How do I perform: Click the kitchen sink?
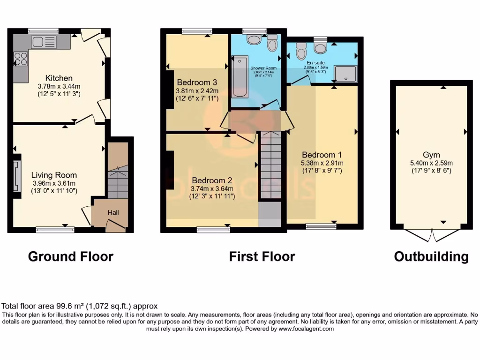point(44,42)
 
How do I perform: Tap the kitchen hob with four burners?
point(21,59)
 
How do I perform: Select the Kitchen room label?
point(59,78)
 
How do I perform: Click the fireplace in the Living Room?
point(17,176)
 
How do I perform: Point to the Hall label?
point(113,213)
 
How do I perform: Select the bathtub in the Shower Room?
point(240,76)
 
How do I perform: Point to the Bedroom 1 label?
point(322,155)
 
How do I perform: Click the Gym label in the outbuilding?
point(431,155)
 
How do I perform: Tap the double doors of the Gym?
point(431,234)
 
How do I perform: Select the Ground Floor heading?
point(71,256)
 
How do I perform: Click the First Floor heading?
point(262,256)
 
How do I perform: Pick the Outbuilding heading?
point(431,256)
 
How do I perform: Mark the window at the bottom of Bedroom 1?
point(321,226)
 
